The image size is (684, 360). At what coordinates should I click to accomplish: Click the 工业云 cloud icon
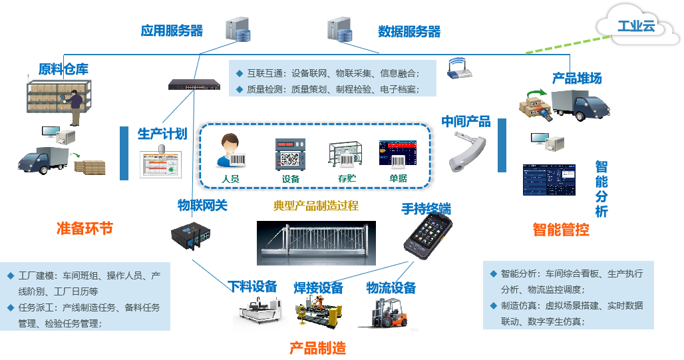(636, 27)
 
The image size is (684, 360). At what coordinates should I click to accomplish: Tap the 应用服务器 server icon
(238, 29)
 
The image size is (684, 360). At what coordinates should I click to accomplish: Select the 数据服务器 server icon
(340, 29)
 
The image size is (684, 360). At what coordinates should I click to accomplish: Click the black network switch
(195, 85)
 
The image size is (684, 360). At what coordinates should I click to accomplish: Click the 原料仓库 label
(63, 69)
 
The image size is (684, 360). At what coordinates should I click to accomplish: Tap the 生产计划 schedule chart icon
(160, 164)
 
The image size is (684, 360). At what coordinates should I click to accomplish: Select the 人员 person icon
(230, 152)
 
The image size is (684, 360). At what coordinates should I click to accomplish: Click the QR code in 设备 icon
(290, 159)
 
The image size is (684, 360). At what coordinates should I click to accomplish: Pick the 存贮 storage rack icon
(343, 154)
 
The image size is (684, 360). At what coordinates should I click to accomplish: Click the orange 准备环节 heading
(85, 228)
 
